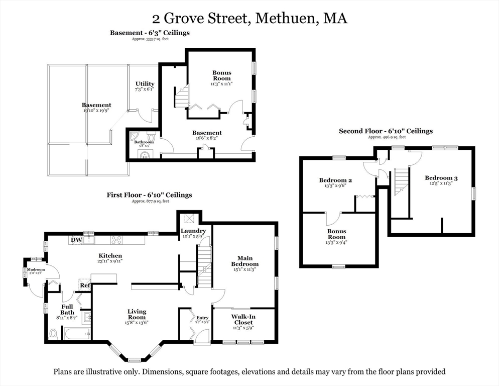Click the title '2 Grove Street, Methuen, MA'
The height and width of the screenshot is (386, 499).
tap(249, 19)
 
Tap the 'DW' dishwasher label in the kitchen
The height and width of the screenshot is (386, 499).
tap(76, 240)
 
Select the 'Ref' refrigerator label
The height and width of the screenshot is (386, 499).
tap(85, 285)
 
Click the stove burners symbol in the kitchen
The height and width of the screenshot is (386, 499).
tap(116, 240)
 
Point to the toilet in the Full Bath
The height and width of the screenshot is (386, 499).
tap(54, 333)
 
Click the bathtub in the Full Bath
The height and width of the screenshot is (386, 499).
tap(76, 334)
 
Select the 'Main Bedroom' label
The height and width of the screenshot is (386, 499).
tap(244, 261)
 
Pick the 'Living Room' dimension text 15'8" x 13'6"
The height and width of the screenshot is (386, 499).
tap(137, 323)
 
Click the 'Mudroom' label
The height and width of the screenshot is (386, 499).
tap(36, 269)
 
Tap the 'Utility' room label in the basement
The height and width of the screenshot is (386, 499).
tap(145, 84)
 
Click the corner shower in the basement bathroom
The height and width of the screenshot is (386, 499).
tap(134, 136)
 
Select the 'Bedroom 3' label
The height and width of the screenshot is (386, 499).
tap(441, 178)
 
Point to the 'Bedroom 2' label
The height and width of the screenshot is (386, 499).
tap(335, 180)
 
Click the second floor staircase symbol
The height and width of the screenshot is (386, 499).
tap(401, 181)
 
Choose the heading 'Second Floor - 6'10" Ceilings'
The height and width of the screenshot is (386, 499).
tap(386, 131)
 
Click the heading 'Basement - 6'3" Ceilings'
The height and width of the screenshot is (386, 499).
tap(150, 33)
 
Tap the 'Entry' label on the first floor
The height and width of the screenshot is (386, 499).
tap(202, 318)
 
